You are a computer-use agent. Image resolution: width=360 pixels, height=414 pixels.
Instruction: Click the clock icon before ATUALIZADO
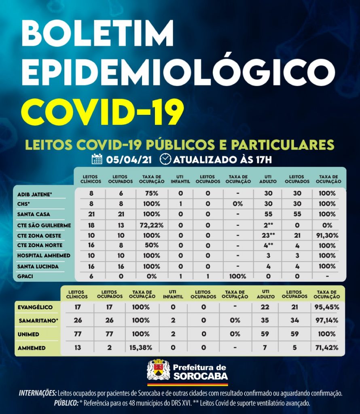(165, 159)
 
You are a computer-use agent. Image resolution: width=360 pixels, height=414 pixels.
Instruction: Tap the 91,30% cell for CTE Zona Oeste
(327, 235)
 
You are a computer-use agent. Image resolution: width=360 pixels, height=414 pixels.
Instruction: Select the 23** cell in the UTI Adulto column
(268, 235)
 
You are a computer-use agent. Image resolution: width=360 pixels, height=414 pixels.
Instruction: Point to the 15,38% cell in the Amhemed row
(142, 348)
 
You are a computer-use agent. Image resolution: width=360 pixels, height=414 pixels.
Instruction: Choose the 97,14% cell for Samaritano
(327, 321)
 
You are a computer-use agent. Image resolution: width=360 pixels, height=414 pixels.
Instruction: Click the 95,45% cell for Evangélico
(327, 307)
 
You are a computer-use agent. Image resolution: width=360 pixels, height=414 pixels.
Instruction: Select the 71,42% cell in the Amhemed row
(327, 348)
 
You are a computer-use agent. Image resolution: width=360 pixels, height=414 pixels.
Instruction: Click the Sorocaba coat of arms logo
(158, 370)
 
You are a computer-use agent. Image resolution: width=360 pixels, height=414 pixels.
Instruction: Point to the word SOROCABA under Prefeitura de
(200, 376)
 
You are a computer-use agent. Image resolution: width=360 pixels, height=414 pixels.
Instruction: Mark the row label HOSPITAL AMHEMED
(44, 256)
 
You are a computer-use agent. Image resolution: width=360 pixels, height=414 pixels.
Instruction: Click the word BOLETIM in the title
(97, 34)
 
